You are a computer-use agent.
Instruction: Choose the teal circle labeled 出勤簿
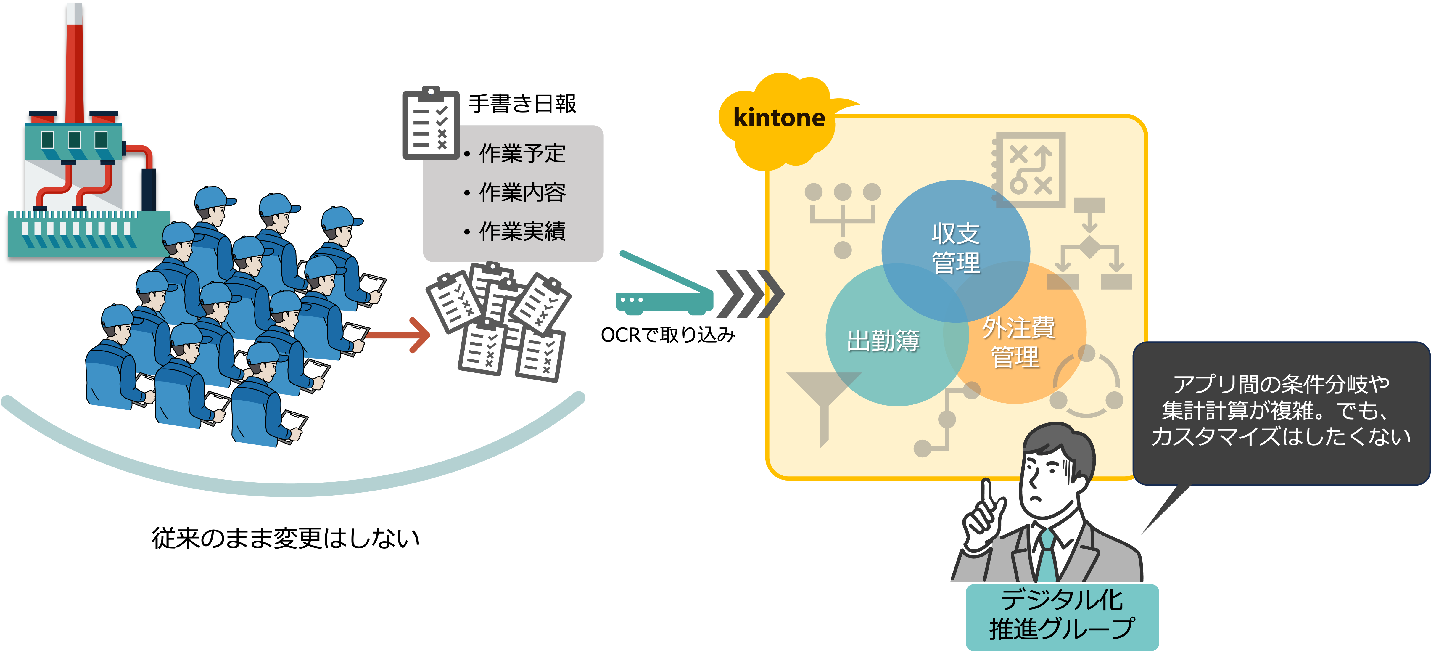(883, 340)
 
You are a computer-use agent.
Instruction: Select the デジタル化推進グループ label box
(1062, 616)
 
